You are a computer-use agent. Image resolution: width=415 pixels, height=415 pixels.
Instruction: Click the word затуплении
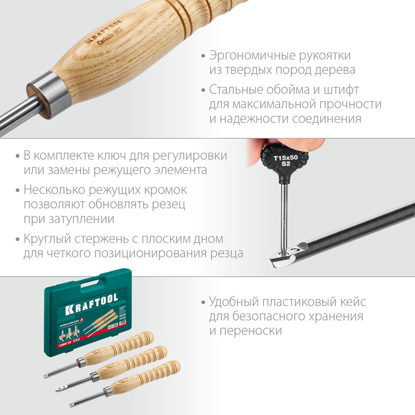[x=78, y=219]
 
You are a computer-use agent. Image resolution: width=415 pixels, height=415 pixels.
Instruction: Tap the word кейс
[x=352, y=302]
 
